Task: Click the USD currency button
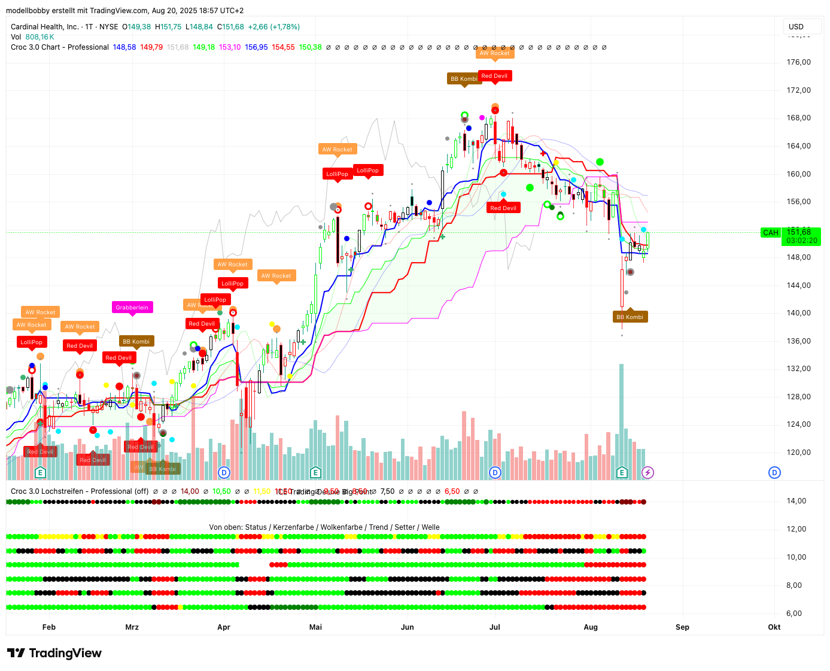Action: click(796, 26)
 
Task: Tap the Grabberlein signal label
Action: click(132, 307)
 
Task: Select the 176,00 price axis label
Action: click(798, 62)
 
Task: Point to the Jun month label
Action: click(408, 627)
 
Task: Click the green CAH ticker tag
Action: click(770, 233)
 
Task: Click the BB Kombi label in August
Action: click(630, 317)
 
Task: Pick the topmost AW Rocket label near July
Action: click(494, 53)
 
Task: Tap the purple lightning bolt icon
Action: click(647, 473)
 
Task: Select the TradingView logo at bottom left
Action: click(54, 653)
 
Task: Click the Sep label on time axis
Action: click(682, 627)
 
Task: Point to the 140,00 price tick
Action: click(798, 313)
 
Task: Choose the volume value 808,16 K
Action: click(40, 37)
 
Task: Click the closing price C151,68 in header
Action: click(230, 27)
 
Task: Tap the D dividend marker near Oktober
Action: click(774, 473)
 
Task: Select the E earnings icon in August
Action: click(622, 473)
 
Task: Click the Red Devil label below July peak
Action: click(503, 208)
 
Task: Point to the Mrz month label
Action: click(132, 627)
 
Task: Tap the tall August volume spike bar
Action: click(622, 419)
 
